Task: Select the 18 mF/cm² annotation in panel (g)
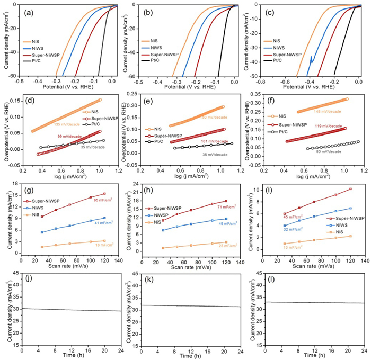pyautogui.click(x=104, y=245)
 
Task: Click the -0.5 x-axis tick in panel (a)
pyautogui.click(x=20, y=82)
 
